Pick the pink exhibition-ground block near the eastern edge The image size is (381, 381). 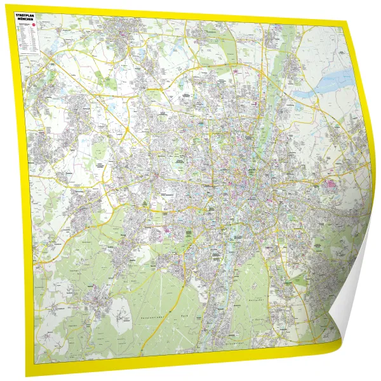331,186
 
